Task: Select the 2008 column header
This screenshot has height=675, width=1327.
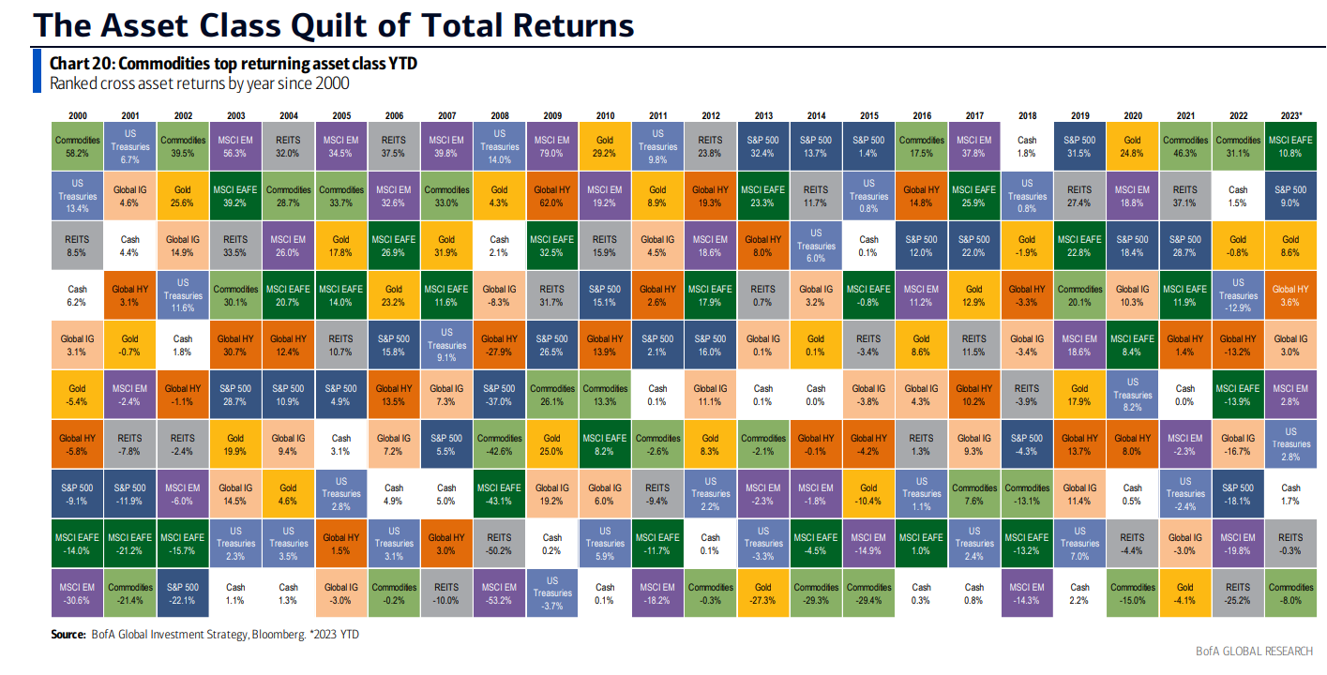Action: (x=500, y=115)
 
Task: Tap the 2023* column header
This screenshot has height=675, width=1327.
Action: (x=1290, y=115)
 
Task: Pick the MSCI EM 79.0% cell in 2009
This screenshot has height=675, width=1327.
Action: (x=552, y=145)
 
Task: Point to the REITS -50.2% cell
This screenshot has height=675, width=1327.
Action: (x=500, y=544)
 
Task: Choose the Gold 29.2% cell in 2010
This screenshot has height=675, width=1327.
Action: (x=605, y=145)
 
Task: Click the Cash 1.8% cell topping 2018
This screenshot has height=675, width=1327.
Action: (x=1027, y=145)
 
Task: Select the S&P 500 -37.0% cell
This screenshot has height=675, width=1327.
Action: (x=500, y=395)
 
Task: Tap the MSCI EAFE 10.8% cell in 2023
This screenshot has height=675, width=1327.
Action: (x=1290, y=145)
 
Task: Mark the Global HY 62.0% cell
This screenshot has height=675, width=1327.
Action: (x=552, y=195)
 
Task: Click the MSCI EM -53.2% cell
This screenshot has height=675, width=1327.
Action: (x=500, y=593)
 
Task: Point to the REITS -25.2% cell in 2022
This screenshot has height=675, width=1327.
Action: (x=1238, y=593)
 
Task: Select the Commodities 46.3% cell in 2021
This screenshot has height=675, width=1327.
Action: (x=1185, y=145)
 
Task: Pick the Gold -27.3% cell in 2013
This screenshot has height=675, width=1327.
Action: (x=763, y=593)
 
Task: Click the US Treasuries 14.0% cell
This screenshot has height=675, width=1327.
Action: (x=500, y=145)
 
